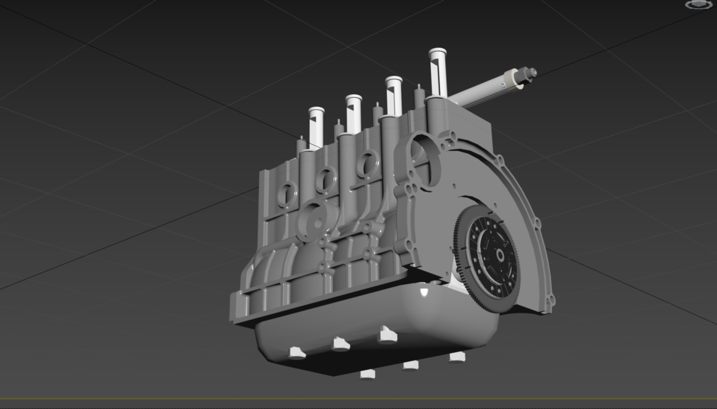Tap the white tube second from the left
coord(353,111)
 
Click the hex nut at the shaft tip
coord(531,73)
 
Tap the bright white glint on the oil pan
coord(424,292)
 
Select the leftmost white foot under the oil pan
coord(297,352)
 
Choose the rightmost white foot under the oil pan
coord(457,357)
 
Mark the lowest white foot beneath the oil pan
coord(367,374)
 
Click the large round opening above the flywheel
coord(423,153)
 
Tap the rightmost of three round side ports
coord(367,162)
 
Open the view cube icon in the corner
coord(698,4)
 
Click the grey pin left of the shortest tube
coord(302,142)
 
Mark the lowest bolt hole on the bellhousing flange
coord(550,303)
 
